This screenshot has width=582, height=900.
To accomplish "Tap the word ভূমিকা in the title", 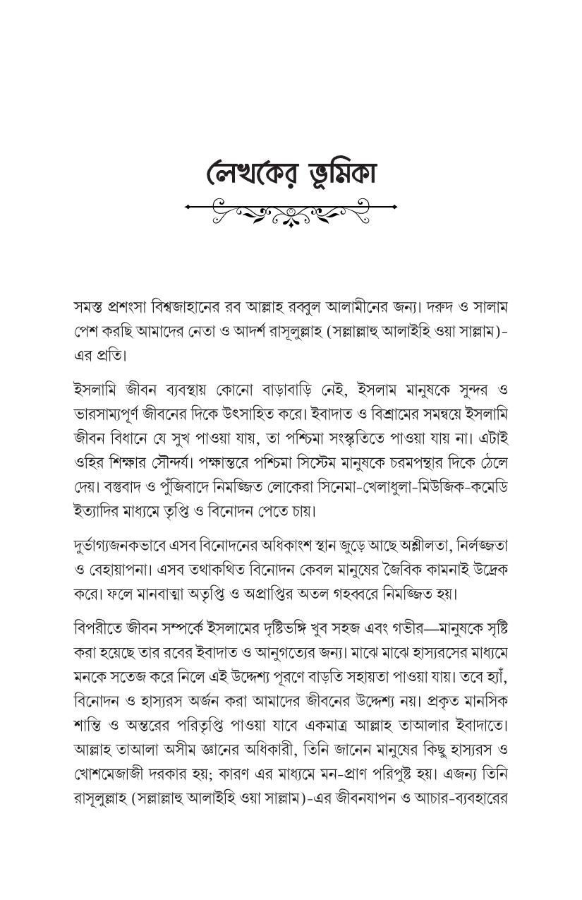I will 331,172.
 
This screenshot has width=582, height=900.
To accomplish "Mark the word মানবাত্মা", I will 166,593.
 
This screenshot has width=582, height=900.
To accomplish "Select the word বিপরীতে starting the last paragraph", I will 95,628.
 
